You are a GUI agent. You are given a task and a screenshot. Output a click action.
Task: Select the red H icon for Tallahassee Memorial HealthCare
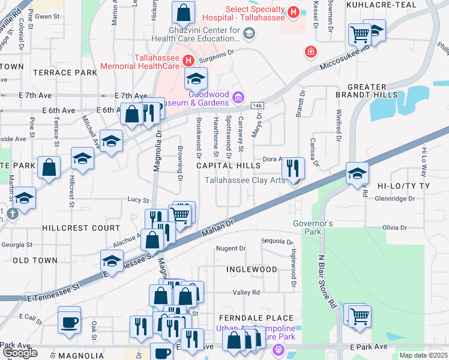click(188, 60)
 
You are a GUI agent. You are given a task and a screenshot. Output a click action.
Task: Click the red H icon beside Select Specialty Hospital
click(293, 11)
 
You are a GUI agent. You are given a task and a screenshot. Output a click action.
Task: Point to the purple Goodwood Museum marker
click(238, 97)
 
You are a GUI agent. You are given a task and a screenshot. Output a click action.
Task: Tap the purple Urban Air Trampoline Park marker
click(277, 349)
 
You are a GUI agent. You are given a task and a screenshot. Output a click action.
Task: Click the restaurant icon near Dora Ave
click(292, 168)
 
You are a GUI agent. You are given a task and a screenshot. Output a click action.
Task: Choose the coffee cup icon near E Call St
click(68, 322)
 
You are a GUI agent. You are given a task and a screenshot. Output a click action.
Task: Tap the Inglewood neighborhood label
click(252, 270)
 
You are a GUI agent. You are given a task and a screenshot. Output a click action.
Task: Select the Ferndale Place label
click(256, 318)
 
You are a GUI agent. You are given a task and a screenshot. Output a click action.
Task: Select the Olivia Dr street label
click(395, 228)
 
